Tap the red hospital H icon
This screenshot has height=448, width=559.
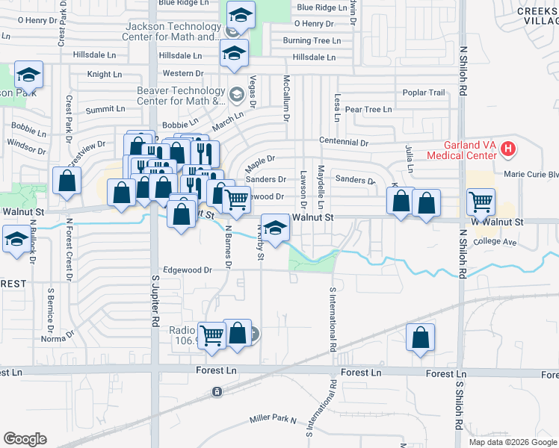[509, 149]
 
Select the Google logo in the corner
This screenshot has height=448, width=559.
[25, 439]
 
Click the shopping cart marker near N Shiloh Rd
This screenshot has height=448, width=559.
[481, 202]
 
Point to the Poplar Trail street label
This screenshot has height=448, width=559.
[424, 93]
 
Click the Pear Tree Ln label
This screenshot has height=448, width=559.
[368, 110]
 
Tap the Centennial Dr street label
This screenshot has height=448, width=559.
[344, 142]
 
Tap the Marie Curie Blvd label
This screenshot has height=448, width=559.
[531, 175]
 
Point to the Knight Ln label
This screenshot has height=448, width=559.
[104, 75]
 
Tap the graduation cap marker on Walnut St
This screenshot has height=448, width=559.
[275, 229]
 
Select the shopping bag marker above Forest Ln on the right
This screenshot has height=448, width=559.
[421, 337]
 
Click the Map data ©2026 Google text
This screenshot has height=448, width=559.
[513, 442]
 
